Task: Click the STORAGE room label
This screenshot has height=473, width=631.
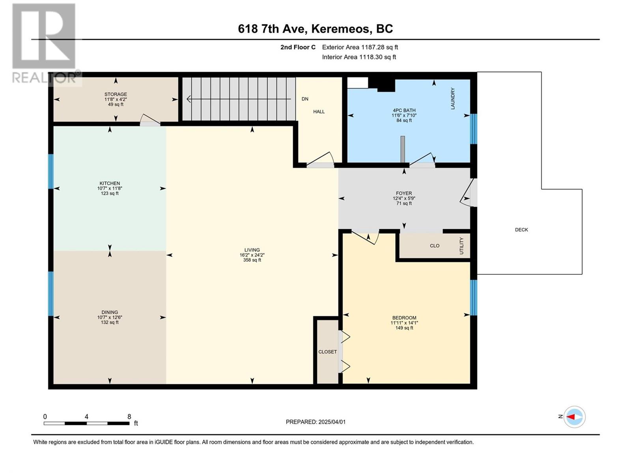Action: tap(116, 94)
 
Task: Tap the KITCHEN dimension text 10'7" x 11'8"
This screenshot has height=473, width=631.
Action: tap(110, 188)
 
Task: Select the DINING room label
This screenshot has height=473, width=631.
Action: tap(110, 312)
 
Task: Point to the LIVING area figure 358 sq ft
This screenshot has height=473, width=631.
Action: tap(252, 260)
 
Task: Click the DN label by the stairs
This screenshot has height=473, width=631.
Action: tap(305, 99)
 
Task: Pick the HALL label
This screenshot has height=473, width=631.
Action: tap(319, 112)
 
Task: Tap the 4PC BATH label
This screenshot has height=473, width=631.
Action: tap(404, 110)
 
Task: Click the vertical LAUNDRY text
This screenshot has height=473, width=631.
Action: tap(453, 99)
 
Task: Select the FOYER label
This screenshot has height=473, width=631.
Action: tap(404, 193)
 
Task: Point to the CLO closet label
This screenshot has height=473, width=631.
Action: tap(435, 246)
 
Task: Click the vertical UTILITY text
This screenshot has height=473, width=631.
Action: tap(461, 246)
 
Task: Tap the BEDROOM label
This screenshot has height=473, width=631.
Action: tap(404, 318)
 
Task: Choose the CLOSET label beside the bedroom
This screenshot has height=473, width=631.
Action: tap(327, 352)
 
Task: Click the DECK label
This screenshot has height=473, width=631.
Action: tap(521, 230)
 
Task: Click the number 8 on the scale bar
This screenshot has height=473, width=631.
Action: tap(129, 416)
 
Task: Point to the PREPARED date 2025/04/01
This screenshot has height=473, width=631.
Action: tap(332, 422)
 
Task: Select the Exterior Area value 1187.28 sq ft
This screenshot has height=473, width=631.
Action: tap(379, 47)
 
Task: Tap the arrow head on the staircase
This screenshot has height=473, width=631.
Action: tap(189, 99)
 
